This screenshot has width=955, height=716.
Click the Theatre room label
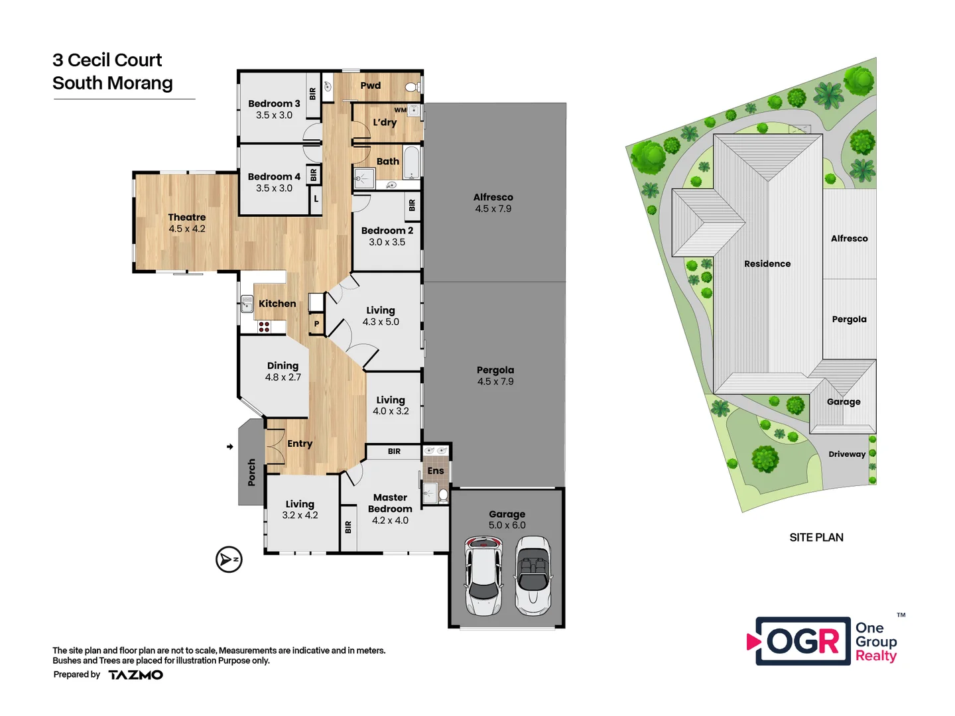(x=186, y=217)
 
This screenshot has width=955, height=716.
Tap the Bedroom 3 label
(x=274, y=104)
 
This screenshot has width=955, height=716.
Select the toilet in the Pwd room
(x=411, y=87)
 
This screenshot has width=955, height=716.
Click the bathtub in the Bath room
(x=412, y=163)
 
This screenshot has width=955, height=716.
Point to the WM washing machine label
(x=400, y=110)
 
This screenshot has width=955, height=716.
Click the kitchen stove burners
(x=264, y=327)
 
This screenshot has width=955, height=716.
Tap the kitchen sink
(x=247, y=304)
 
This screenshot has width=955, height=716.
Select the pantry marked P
(x=316, y=324)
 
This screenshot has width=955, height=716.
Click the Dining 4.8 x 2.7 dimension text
(x=283, y=377)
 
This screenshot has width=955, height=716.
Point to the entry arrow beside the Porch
(x=229, y=447)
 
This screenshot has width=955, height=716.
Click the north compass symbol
(x=229, y=560)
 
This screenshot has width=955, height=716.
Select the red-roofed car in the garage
(x=483, y=575)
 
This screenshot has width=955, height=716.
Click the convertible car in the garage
(x=533, y=575)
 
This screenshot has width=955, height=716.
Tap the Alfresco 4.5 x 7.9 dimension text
(x=493, y=209)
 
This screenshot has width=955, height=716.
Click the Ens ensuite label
(x=436, y=471)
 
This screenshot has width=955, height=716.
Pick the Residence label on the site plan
(x=767, y=264)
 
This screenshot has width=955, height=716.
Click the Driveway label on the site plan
(x=847, y=454)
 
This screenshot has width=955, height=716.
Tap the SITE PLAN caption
(x=816, y=538)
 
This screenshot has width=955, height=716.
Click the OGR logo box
(x=803, y=641)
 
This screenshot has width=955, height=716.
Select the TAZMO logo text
(x=136, y=675)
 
